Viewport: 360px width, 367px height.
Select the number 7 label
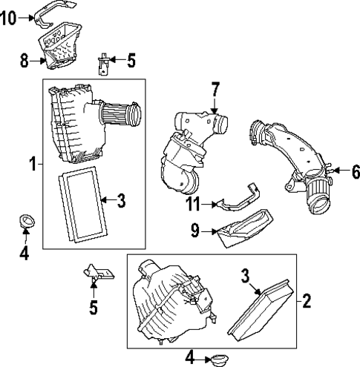click(x=215, y=91)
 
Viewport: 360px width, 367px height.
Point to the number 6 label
click(x=355, y=172)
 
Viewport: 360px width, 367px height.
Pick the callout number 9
click(x=194, y=231)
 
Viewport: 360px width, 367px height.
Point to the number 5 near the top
click(x=131, y=59)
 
